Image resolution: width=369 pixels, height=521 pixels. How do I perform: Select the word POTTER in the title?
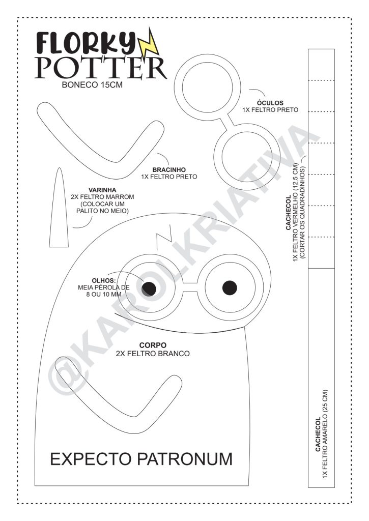coord(101,68)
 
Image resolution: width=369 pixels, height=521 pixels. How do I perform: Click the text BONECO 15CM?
coord(92,85)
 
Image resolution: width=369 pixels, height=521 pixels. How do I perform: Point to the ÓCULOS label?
coord(270,103)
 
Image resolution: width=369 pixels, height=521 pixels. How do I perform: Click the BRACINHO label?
coord(169,170)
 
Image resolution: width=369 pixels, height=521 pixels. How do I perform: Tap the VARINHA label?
coord(102,190)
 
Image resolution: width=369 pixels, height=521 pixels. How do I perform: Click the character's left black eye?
coord(149,288)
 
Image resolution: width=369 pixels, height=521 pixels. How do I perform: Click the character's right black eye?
coord(230,288)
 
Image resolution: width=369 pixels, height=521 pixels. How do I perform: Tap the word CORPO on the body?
coord(153,345)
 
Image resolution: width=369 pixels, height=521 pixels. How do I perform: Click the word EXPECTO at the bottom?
coord(91,459)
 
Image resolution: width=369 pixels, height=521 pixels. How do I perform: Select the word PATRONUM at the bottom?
coord(185,459)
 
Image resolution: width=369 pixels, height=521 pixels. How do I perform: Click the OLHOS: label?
coord(104,281)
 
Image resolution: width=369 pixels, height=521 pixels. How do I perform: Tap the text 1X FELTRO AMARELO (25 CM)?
coord(325,435)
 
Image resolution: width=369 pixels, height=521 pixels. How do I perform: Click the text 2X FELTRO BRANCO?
coord(153,354)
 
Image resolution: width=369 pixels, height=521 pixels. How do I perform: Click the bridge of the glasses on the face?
coord(190,288)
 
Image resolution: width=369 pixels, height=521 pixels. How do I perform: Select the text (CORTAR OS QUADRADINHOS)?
coord(302,212)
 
